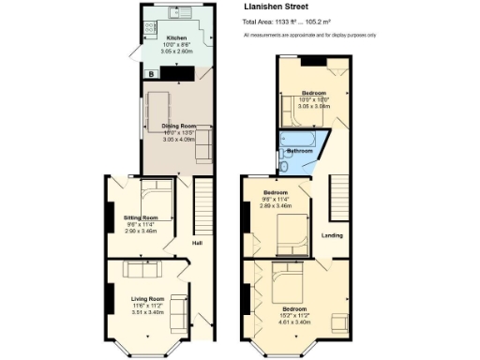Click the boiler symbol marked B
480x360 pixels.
(149, 73)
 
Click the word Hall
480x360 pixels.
(198, 244)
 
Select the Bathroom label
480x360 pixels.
(299, 150)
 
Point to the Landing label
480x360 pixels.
(332, 236)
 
